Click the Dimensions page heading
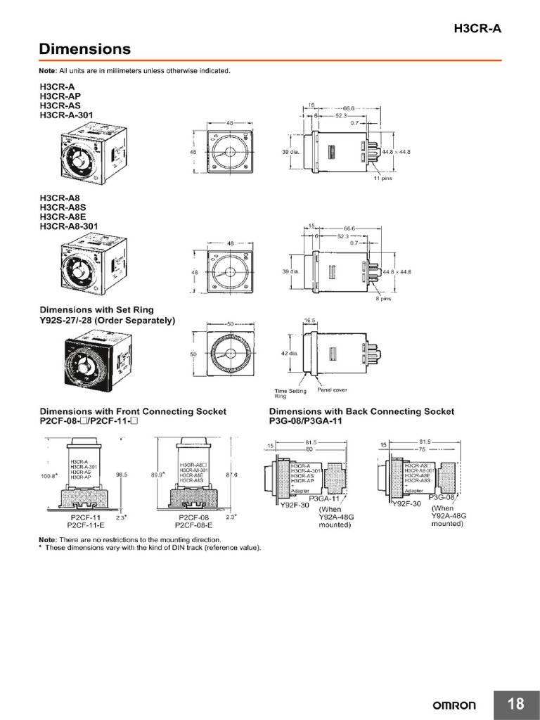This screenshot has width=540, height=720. [x=84, y=49]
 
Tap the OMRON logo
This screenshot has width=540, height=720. [x=454, y=705]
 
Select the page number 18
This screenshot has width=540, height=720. [x=515, y=704]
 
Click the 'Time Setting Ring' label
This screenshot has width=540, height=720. [x=285, y=393]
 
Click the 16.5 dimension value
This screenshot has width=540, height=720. [x=310, y=320]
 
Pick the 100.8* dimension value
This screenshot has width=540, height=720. [x=50, y=475]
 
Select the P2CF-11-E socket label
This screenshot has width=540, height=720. [x=86, y=525]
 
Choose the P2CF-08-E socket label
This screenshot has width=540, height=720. [x=193, y=525]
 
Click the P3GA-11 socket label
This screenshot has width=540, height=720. [x=324, y=498]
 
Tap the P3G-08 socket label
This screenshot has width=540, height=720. [x=442, y=497]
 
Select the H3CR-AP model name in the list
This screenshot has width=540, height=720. [x=60, y=96]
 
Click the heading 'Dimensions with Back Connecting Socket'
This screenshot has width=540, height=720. [x=361, y=411]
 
